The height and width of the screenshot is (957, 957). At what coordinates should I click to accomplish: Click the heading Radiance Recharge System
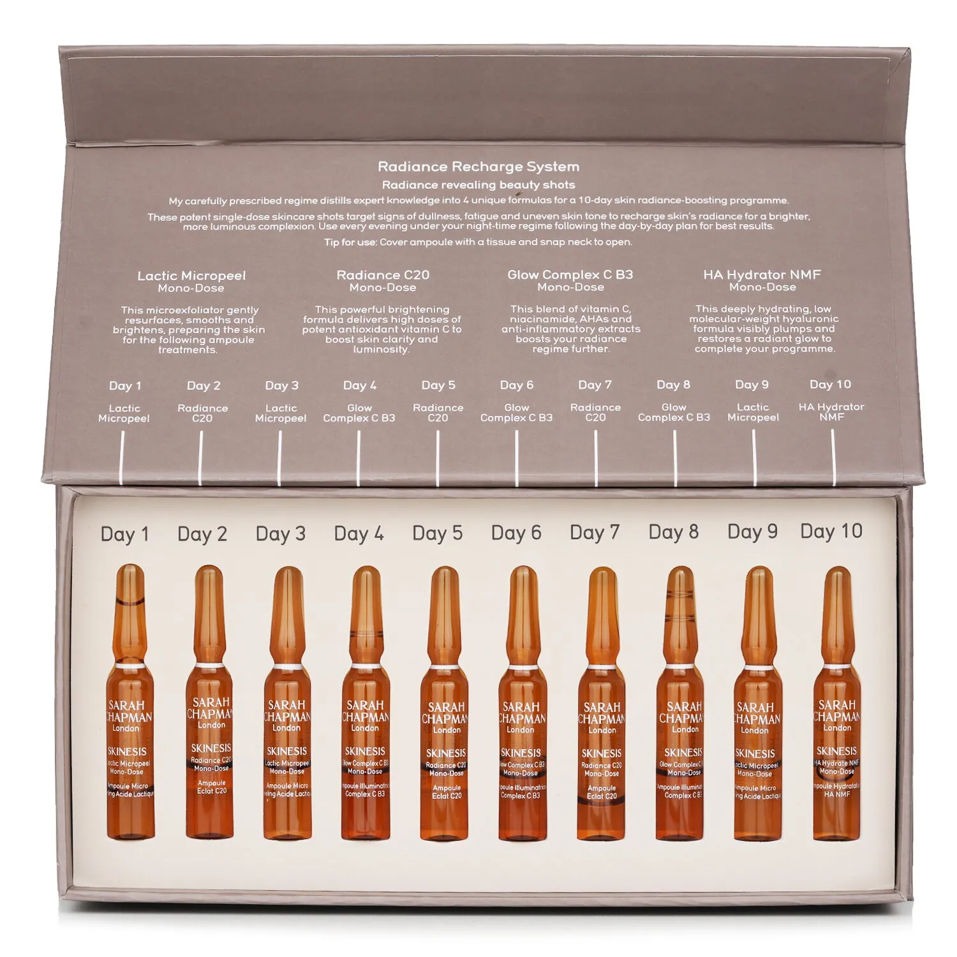tap(478, 167)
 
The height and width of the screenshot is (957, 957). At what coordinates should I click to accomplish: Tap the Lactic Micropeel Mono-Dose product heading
tap(191, 281)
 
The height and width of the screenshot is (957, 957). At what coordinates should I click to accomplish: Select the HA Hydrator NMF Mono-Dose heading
tap(762, 281)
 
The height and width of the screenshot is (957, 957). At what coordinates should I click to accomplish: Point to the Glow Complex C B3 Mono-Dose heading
tap(570, 281)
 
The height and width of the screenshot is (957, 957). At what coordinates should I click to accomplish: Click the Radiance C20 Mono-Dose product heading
tap(383, 281)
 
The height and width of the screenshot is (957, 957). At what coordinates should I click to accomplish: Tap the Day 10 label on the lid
tap(830, 384)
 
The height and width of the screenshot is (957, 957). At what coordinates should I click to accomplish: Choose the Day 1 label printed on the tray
tap(125, 535)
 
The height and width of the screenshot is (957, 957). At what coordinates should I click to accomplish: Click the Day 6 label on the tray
tap(516, 533)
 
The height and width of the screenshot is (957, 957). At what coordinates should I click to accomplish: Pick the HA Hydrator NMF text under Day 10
tap(831, 412)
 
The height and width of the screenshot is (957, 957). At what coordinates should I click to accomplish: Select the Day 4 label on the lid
tap(360, 385)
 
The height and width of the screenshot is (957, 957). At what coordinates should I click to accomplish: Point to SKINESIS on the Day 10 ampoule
tap(836, 751)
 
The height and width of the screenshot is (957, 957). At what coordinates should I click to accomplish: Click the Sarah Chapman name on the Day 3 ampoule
tap(287, 711)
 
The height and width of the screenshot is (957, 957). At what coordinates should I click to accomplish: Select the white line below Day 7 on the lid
tap(596, 456)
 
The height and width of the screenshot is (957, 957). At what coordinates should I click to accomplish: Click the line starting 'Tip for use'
tap(478, 242)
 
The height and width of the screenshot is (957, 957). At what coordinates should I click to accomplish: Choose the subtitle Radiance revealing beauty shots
tap(478, 185)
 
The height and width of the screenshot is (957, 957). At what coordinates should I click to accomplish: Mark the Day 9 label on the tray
tap(752, 532)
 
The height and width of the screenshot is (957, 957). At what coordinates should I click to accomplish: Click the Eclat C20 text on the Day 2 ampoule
tap(212, 791)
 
